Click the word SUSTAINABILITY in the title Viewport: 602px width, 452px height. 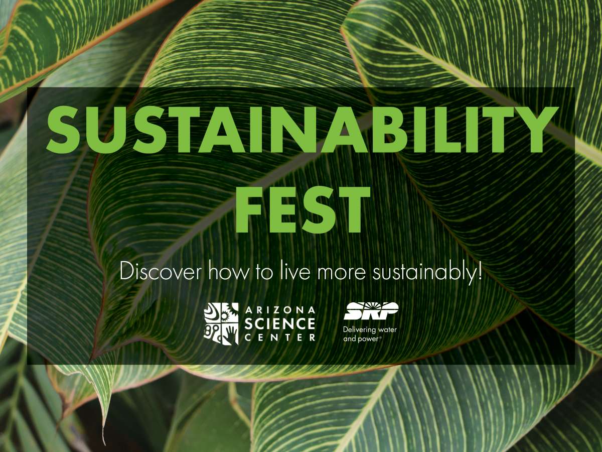(303, 130)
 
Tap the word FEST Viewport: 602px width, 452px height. (303, 209)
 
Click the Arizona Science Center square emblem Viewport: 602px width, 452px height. (221, 323)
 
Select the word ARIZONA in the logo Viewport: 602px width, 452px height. (280, 310)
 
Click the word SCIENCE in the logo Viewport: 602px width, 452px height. (280, 324)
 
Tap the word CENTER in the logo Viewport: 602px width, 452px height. (280, 337)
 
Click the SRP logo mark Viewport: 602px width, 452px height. (371, 311)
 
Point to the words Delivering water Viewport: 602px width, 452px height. (370, 329)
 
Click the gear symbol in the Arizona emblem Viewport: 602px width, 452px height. (225, 316)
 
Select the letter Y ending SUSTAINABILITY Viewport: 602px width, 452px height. (536, 130)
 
